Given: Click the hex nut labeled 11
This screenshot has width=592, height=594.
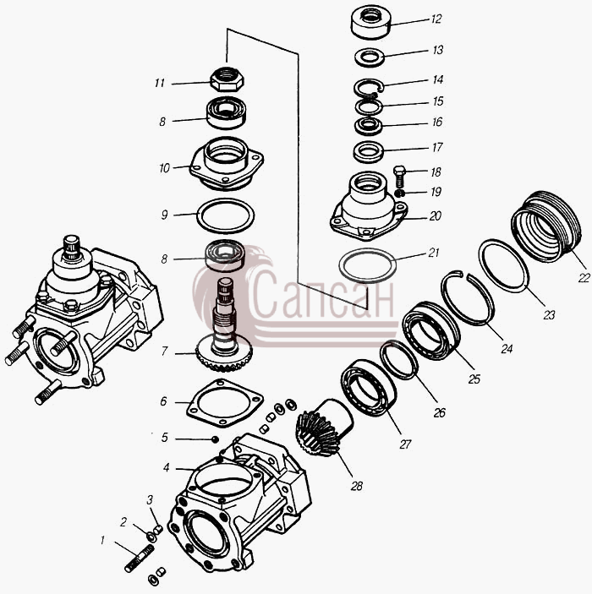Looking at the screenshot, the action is coord(227,79).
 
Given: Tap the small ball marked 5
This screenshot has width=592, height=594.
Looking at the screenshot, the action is coord(215,439).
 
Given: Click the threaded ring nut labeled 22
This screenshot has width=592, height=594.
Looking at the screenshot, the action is coord(546,226).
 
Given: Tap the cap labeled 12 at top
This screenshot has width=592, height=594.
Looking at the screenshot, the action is coord(370,23).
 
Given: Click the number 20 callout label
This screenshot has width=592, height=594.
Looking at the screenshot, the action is coord(436,216).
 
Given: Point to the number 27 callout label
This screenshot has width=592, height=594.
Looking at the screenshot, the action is coord(405,444).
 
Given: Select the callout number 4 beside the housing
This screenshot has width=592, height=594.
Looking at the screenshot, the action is coord(166,468).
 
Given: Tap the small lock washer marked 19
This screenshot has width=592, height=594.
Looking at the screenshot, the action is coord(398,193).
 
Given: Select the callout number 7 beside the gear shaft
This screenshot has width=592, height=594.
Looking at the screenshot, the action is coord(164,351).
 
